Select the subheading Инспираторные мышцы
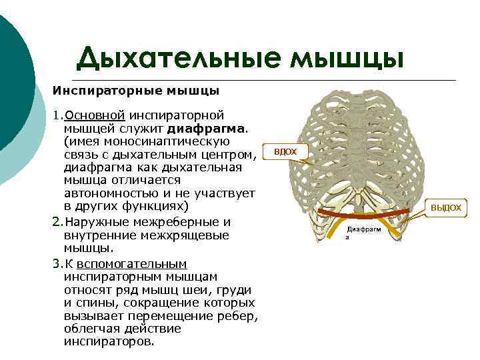point(136,90)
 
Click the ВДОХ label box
point(285,152)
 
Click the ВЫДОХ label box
point(445,208)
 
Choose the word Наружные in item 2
point(93,222)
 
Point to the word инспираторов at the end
point(107,341)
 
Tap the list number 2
point(56,222)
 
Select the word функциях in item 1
point(161,207)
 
